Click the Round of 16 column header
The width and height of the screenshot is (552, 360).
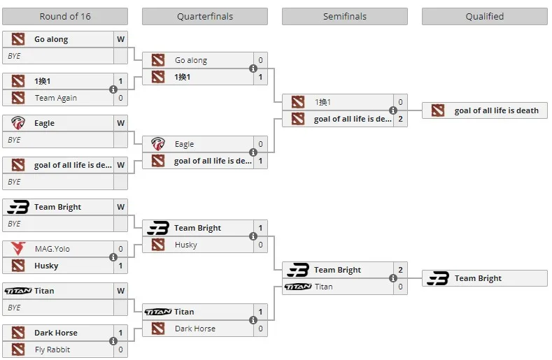(65, 17)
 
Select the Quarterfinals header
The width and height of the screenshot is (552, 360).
(205, 17)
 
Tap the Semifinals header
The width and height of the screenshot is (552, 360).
(345, 17)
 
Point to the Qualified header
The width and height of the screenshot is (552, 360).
(484, 17)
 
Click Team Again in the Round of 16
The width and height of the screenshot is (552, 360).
(56, 98)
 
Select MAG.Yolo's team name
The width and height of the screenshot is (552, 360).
(52, 249)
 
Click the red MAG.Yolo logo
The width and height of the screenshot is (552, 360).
(18, 248)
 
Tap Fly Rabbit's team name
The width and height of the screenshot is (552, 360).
(52, 350)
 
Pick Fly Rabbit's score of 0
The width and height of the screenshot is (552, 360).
(120, 350)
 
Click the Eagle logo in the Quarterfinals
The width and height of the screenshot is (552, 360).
(157, 144)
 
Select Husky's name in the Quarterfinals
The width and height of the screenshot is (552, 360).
(185, 245)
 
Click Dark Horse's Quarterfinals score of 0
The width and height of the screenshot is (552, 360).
(260, 329)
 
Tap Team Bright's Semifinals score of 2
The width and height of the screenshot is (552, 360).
(400, 270)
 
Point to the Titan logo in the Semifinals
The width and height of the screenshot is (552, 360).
(298, 287)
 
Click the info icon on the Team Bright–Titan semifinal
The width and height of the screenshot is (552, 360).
(393, 278)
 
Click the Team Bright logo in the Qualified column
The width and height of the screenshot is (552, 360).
(438, 278)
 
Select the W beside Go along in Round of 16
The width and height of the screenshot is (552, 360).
(121, 39)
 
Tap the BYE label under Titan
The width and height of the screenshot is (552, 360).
(14, 308)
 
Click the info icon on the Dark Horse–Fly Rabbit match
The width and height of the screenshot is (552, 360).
(113, 341)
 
